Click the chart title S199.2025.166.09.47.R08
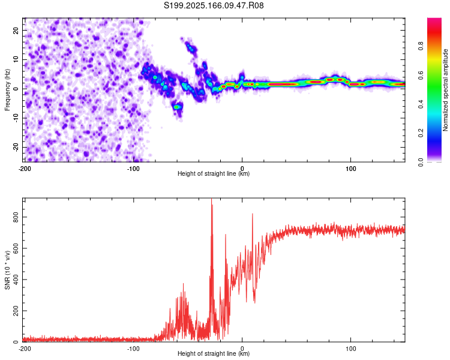pos(214,5)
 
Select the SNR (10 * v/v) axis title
pos(7,269)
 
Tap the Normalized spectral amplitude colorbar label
pos(446,90)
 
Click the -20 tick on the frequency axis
pos(16,148)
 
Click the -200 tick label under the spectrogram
pos(25,168)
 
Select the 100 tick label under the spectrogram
pos(352,168)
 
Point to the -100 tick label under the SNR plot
pos(133,348)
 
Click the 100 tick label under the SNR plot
pos(352,348)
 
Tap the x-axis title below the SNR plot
pos(214,354)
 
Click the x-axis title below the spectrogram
pos(214,174)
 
